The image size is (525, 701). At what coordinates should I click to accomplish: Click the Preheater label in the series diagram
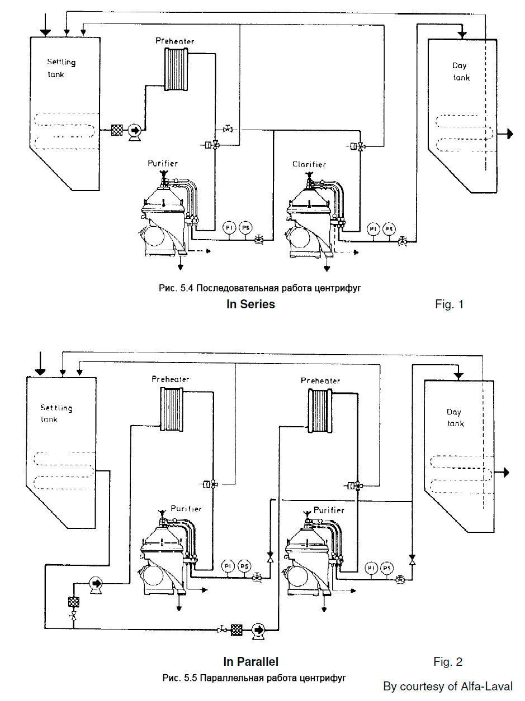click(x=175, y=41)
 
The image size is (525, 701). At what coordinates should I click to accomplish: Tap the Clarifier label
click(x=309, y=164)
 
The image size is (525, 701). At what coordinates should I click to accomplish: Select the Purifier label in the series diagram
click(x=162, y=163)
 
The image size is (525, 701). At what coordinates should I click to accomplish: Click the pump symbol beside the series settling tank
click(x=135, y=131)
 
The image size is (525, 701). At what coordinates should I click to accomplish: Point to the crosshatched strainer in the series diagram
click(x=117, y=130)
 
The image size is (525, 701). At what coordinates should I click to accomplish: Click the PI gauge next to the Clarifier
click(x=373, y=228)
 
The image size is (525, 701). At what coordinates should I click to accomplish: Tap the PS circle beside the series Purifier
click(x=245, y=228)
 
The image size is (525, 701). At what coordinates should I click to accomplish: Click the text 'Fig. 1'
click(x=449, y=304)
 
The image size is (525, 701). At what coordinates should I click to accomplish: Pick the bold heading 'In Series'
click(x=250, y=304)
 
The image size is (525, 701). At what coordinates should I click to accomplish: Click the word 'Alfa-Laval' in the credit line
click(x=486, y=686)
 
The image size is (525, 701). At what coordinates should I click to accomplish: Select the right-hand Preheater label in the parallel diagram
click(x=320, y=381)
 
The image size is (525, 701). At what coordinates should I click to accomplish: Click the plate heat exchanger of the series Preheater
click(x=176, y=69)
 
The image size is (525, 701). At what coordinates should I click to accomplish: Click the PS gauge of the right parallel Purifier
click(x=387, y=568)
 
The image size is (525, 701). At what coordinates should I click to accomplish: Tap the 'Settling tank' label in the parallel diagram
click(x=56, y=413)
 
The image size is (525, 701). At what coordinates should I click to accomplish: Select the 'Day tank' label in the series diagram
click(x=461, y=71)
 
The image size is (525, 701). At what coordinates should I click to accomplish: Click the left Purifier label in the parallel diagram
click(x=186, y=508)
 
